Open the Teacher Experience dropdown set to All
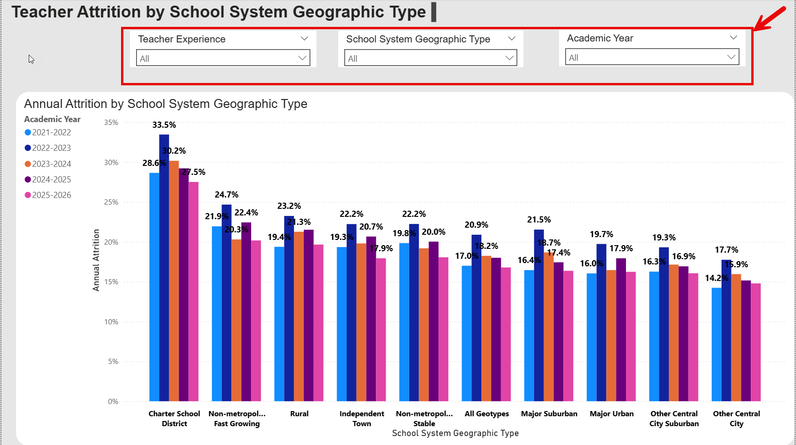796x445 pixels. coord(223,58)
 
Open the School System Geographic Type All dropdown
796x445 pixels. coord(430,58)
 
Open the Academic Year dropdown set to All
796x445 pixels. coord(652,57)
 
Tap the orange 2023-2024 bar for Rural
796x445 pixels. coord(299,316)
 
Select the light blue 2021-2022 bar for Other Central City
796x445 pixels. coord(716,345)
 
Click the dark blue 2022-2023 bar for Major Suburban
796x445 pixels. coord(539,315)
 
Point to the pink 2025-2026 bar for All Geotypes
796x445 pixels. coord(506,334)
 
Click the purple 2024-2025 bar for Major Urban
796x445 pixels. coord(621,330)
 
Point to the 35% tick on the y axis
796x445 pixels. coord(111,123)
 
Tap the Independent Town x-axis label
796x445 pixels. coord(362,419)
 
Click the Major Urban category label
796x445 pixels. coord(611,414)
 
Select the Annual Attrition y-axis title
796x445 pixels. coord(96,260)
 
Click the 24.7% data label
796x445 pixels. coord(227,195)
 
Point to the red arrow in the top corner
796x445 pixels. coord(770,19)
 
